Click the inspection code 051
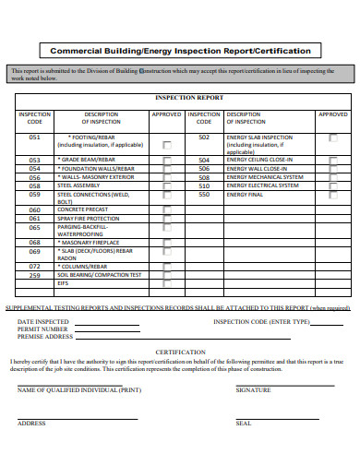35,137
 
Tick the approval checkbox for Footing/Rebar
166,145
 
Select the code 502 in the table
204,137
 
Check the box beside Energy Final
332,195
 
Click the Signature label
253,390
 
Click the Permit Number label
42,329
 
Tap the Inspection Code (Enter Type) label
262,321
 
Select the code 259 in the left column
35,275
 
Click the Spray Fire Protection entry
89,218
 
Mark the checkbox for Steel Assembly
166,185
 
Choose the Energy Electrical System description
261,185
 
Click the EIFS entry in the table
64,284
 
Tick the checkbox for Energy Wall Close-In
332,169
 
